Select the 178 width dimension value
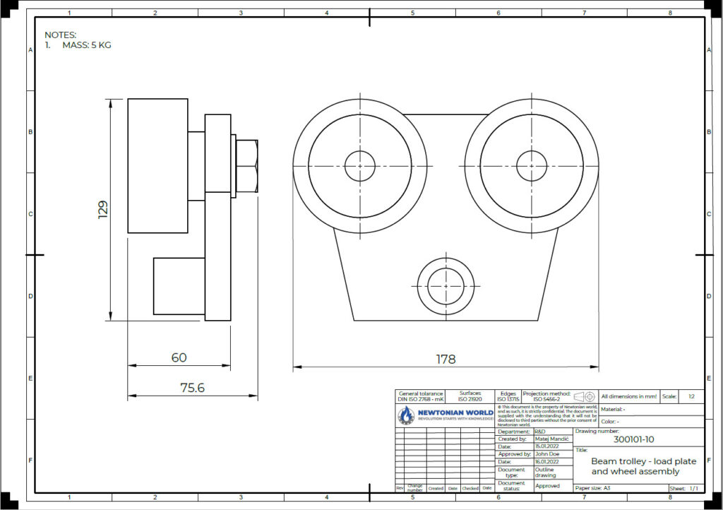(x=446, y=359)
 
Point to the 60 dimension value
(x=179, y=357)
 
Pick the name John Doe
(x=547, y=454)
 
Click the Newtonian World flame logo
(x=407, y=415)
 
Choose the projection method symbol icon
(x=585, y=396)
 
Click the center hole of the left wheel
(x=360, y=166)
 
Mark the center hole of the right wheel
(x=532, y=166)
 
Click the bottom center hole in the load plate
(x=446, y=284)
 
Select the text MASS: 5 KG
(x=86, y=45)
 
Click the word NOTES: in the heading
(x=60, y=35)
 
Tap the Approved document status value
(x=548, y=486)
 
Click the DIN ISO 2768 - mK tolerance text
(x=422, y=399)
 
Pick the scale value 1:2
(x=691, y=396)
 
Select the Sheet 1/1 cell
(x=685, y=488)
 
